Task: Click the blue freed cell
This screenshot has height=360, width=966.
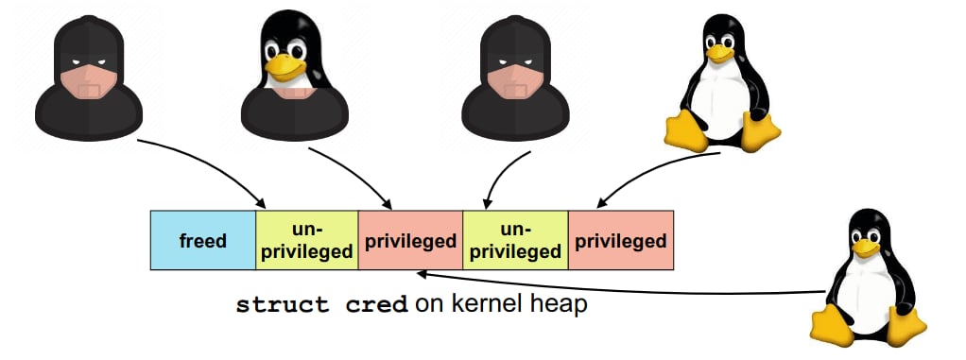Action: point(202,241)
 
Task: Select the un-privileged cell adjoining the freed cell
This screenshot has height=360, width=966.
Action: point(306,241)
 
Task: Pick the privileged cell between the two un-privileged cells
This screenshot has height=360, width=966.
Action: point(410,241)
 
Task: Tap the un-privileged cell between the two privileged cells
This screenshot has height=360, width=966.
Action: point(514,241)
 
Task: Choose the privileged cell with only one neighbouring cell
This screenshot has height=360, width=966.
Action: point(620,241)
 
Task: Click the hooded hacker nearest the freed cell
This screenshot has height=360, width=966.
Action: point(89,76)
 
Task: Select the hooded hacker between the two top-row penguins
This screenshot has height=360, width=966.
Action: point(511,76)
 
